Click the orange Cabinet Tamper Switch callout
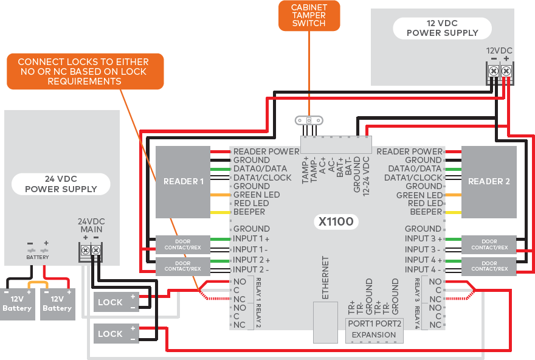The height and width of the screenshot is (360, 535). [309, 15]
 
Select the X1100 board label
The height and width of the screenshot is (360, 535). [336, 221]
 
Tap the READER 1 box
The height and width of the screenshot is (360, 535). [183, 181]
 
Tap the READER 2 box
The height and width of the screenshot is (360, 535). [489, 181]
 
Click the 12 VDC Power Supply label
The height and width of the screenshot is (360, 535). [442, 28]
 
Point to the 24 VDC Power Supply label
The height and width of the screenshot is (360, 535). [61, 184]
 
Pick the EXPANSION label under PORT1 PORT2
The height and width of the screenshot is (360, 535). [374, 335]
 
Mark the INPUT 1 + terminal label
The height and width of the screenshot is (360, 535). [251, 239]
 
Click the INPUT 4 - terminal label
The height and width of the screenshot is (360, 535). [423, 269]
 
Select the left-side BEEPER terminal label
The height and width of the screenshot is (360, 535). [249, 212]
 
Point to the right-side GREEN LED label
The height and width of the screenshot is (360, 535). [419, 195]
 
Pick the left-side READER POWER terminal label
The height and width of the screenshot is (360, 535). [266, 151]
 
